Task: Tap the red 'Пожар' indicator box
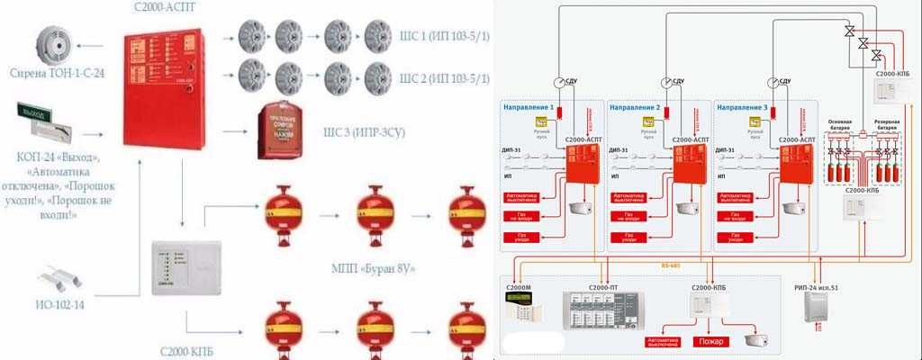tap(708, 342)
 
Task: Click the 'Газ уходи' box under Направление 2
tap(628, 237)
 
